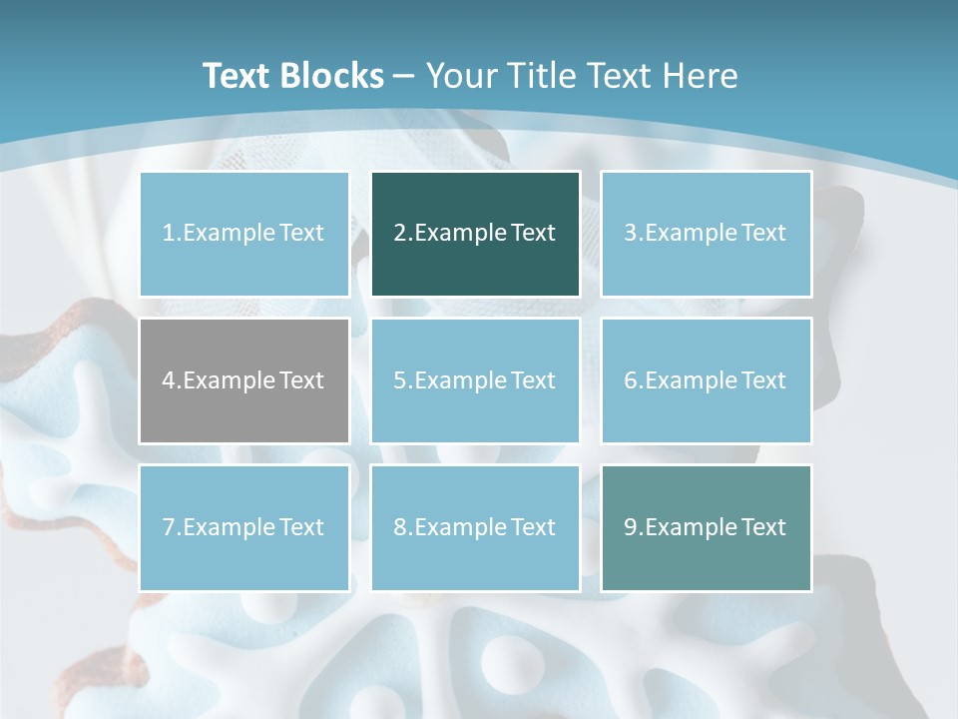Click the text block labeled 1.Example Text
coord(243,234)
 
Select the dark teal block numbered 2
coord(475,234)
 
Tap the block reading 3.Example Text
coord(706,234)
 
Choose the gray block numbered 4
coord(243,380)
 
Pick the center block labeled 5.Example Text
coord(475,380)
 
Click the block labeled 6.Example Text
coord(706,380)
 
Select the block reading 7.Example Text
coord(243,527)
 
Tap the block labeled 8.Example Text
coord(475,527)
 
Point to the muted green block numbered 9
coord(706,527)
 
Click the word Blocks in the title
coord(333,76)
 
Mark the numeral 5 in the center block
coord(399,380)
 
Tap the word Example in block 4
coord(229,380)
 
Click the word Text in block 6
coord(763,380)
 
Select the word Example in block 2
coord(460,234)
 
